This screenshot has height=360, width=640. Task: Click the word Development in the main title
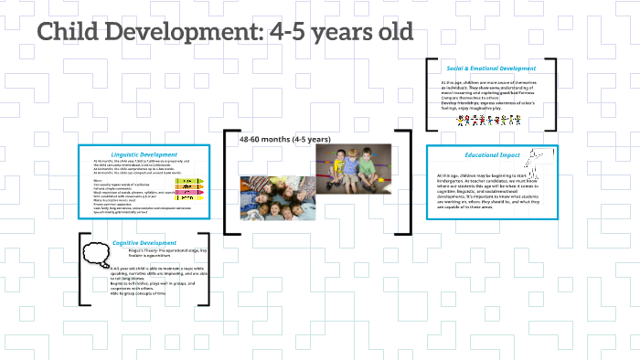[183, 32]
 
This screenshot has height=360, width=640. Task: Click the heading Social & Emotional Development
[491, 69]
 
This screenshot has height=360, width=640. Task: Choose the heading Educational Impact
[492, 155]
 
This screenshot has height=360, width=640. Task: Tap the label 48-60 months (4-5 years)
[284, 139]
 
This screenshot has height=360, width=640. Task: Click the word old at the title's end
[391, 32]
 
